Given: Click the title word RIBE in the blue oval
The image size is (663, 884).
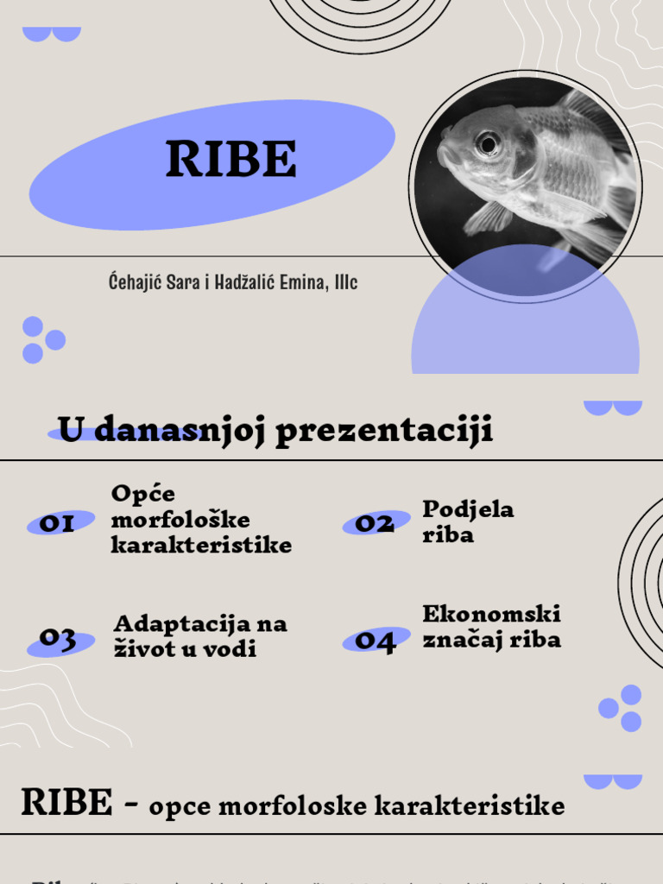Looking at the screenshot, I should pyautogui.click(x=230, y=159).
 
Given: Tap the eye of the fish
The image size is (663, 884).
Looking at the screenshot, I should pyautogui.click(x=488, y=143).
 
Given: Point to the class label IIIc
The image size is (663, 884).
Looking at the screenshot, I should pyautogui.click(x=345, y=282).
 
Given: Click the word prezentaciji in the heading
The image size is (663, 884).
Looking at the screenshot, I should pyautogui.click(x=384, y=430).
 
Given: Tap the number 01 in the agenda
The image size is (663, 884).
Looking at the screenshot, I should pyautogui.click(x=58, y=523).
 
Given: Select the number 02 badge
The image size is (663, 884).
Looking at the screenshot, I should pyautogui.click(x=375, y=523).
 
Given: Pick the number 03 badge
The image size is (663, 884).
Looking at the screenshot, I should pyautogui.click(x=58, y=640).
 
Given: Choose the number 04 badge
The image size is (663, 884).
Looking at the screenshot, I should pyautogui.click(x=376, y=641).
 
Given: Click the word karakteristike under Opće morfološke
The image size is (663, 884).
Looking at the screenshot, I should pyautogui.click(x=201, y=546).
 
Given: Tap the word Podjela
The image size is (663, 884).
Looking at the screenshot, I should pyautogui.click(x=468, y=509).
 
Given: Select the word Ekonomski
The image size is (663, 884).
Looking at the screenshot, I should pyautogui.click(x=491, y=614).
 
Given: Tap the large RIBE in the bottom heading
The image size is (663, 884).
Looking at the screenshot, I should pyautogui.click(x=66, y=803).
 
